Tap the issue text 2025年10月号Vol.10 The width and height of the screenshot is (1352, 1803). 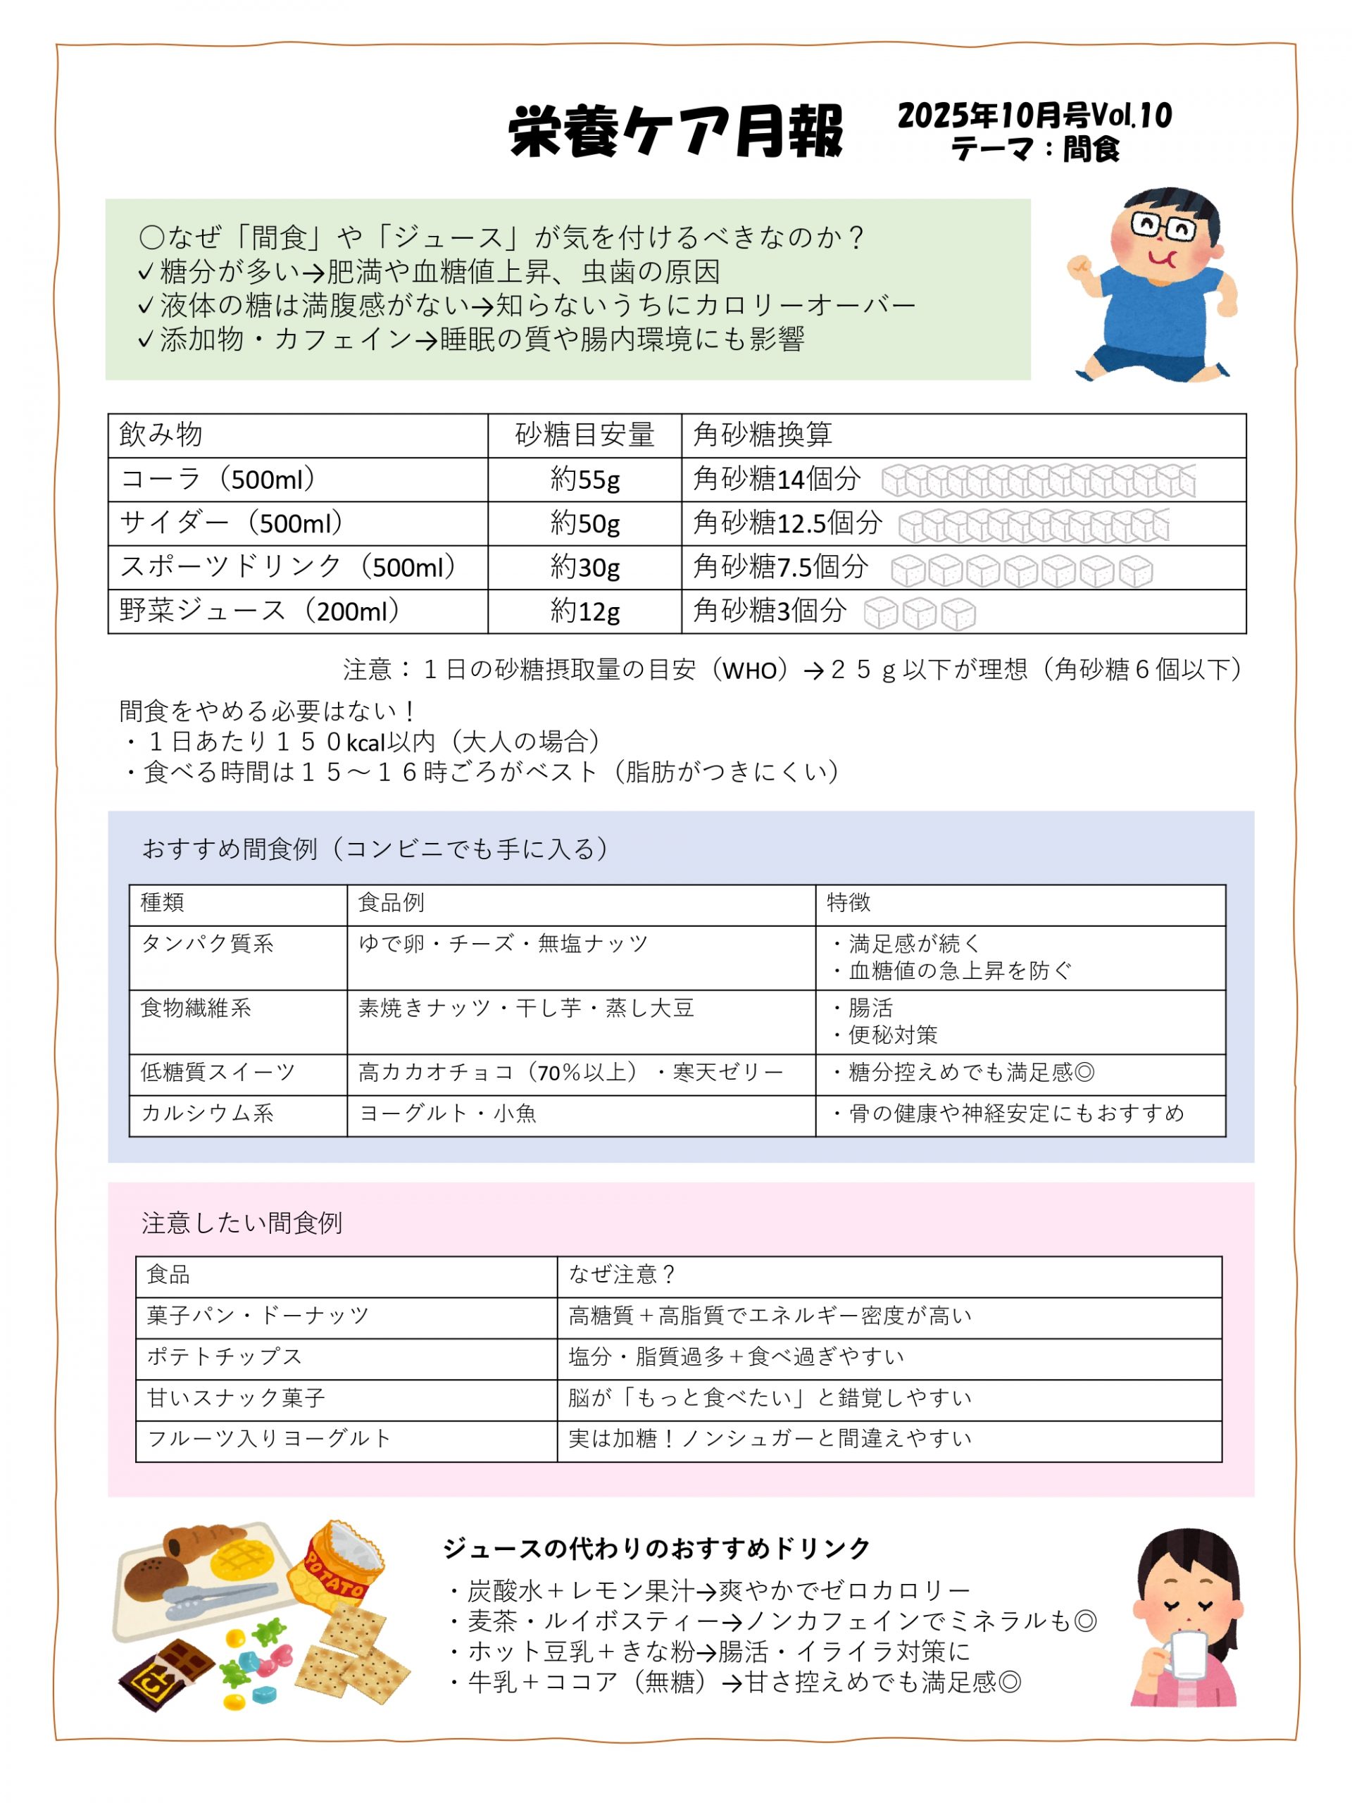pyautogui.click(x=1034, y=116)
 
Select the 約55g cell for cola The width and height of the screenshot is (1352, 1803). pyautogui.click(x=584, y=480)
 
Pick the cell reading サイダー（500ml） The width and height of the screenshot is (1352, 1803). pyautogui.click(x=232, y=523)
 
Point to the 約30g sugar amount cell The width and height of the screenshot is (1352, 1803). pyautogui.click(x=584, y=567)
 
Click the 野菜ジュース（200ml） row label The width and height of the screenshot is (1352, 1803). pyautogui.click(x=260, y=611)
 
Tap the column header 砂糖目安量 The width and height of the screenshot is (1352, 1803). pyautogui.click(x=584, y=435)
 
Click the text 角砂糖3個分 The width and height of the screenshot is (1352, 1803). pyautogui.click(x=770, y=611)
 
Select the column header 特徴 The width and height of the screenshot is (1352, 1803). pyautogui.click(x=849, y=902)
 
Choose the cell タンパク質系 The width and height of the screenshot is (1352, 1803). pyautogui.click(x=207, y=944)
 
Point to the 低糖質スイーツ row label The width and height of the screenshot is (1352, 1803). pyautogui.click(x=218, y=1072)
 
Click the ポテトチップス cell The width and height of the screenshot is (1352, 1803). pyautogui.click(x=225, y=1356)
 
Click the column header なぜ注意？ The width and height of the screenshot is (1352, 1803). pyautogui.click(x=622, y=1274)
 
